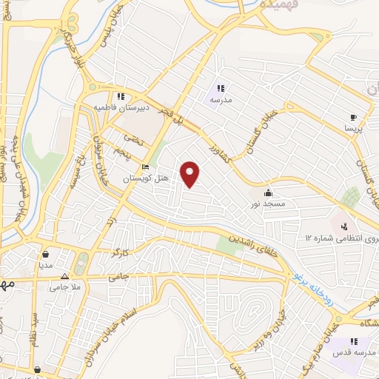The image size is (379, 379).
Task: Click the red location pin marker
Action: click(191, 175)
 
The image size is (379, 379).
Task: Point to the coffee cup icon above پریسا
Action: click(354, 117)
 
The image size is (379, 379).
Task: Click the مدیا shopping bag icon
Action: click(46, 252)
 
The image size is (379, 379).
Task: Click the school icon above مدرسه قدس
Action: click(354, 341)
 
